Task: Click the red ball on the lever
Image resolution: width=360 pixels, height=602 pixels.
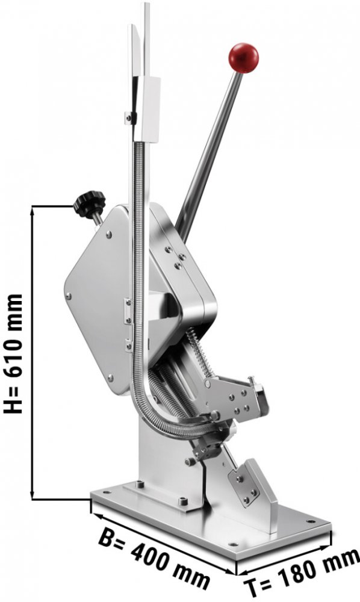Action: (x=244, y=58)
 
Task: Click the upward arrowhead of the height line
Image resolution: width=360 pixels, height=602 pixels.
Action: (x=33, y=209)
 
